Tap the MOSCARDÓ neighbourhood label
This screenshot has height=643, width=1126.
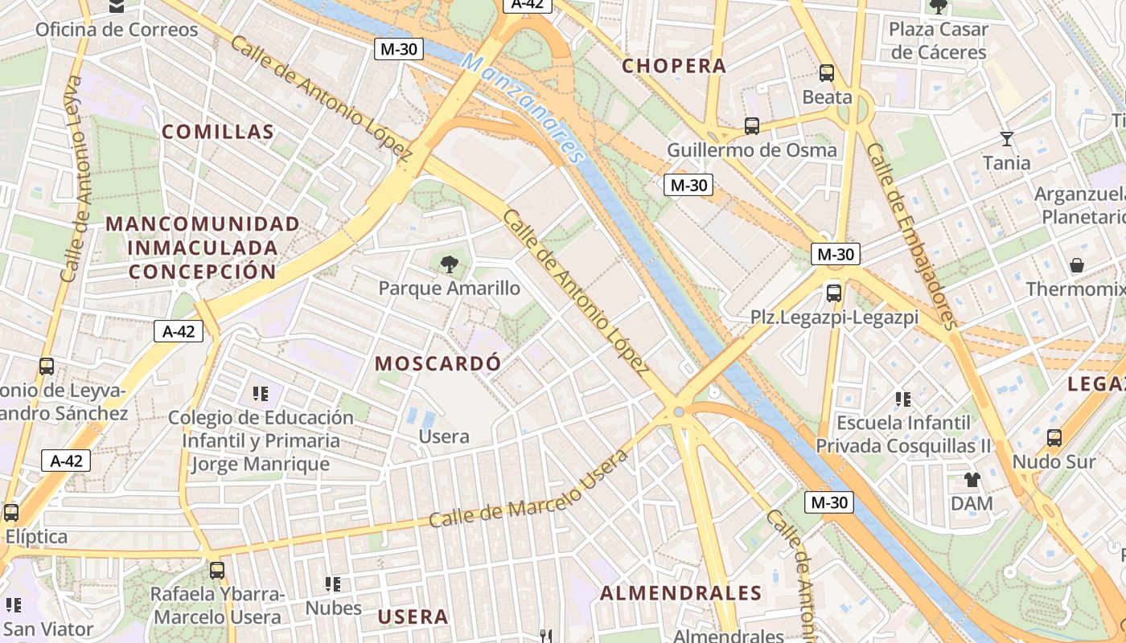438,363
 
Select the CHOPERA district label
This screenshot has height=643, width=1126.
674,66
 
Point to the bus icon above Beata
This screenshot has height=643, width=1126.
826,73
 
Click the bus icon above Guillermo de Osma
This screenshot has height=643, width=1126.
751,126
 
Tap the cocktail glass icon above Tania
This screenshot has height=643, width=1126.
1006,139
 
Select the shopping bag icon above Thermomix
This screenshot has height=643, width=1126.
1076,265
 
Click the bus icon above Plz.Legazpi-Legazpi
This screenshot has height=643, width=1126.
834,293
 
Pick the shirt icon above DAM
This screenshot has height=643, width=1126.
972,480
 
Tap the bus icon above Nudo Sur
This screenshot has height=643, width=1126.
1054,438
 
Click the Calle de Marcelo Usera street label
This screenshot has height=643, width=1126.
528,489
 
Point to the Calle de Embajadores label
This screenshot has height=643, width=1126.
910,237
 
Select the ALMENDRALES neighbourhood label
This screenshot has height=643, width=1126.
680,593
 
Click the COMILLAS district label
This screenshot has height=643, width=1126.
218,132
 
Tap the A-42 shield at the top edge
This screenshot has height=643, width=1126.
528,4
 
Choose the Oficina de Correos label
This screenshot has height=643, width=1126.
117,30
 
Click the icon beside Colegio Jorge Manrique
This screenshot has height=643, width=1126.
260,393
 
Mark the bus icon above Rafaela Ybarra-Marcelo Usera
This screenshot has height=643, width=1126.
217,571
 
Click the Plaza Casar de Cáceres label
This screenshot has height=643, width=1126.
938,41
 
